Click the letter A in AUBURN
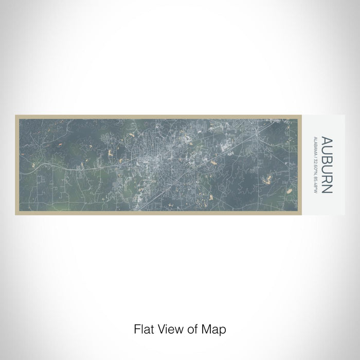click(327, 140)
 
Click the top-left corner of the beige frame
click(16, 115)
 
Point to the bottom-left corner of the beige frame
click(16, 215)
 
